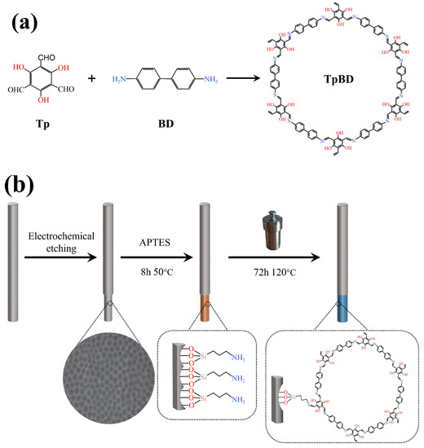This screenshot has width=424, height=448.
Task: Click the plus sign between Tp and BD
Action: [91, 79]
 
